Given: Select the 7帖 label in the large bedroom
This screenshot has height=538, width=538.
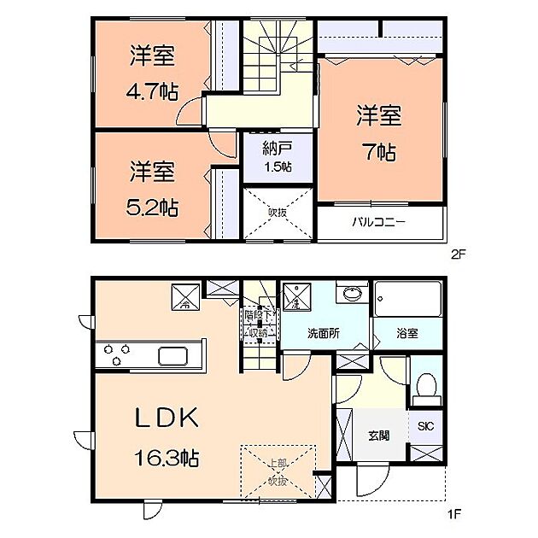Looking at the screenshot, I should click(x=378, y=153).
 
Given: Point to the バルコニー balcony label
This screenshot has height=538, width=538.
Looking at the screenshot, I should click(x=380, y=223).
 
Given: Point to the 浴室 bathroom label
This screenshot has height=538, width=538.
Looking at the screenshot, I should click(x=407, y=334).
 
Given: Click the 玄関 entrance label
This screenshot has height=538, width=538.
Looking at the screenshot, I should click(x=379, y=435).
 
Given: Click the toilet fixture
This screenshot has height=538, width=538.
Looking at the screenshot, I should click(x=425, y=389).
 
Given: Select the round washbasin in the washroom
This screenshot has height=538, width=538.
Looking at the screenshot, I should click(x=351, y=295).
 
